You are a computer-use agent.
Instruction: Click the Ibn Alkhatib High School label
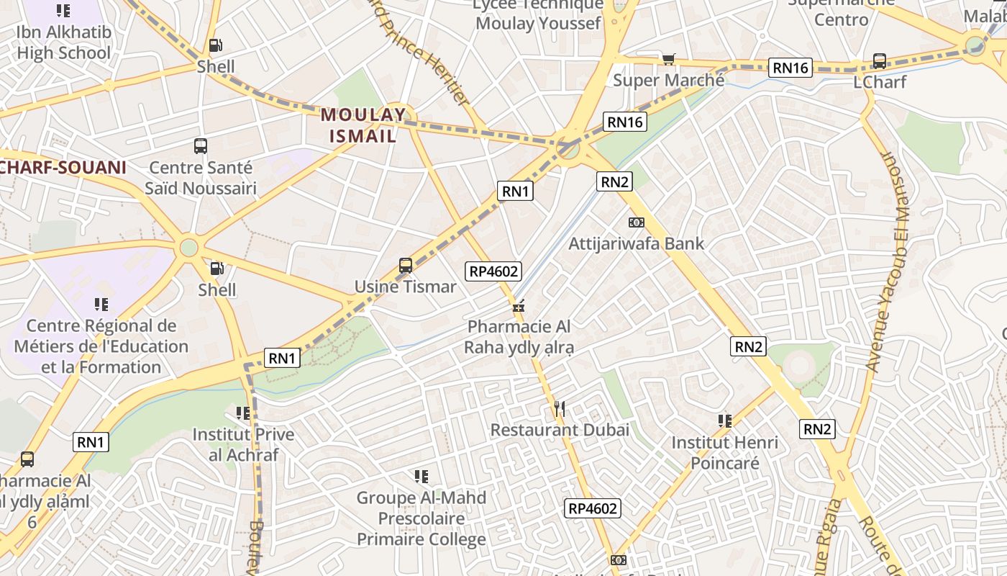(63, 42)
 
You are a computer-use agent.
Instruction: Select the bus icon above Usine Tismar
(406, 266)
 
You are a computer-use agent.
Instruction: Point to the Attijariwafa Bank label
(637, 243)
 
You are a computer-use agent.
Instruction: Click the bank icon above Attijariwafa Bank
(637, 222)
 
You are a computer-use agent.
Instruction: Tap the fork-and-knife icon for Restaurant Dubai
(560, 409)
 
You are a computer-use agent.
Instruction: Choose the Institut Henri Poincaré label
(725, 452)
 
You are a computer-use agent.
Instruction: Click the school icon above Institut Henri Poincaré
(725, 420)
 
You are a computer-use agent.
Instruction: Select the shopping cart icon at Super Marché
(669, 60)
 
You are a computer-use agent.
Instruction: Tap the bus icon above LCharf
(879, 61)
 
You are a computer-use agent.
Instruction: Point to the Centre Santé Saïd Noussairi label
(201, 178)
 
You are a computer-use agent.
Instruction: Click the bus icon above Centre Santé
(201, 146)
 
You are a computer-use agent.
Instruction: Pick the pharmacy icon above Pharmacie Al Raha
(518, 306)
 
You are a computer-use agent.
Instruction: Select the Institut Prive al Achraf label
(243, 444)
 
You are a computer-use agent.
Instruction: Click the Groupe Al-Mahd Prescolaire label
(422, 518)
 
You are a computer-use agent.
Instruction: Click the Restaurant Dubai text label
(560, 430)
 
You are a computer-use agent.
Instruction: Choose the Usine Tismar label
(406, 287)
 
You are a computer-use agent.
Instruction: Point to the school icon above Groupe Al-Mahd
(422, 476)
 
